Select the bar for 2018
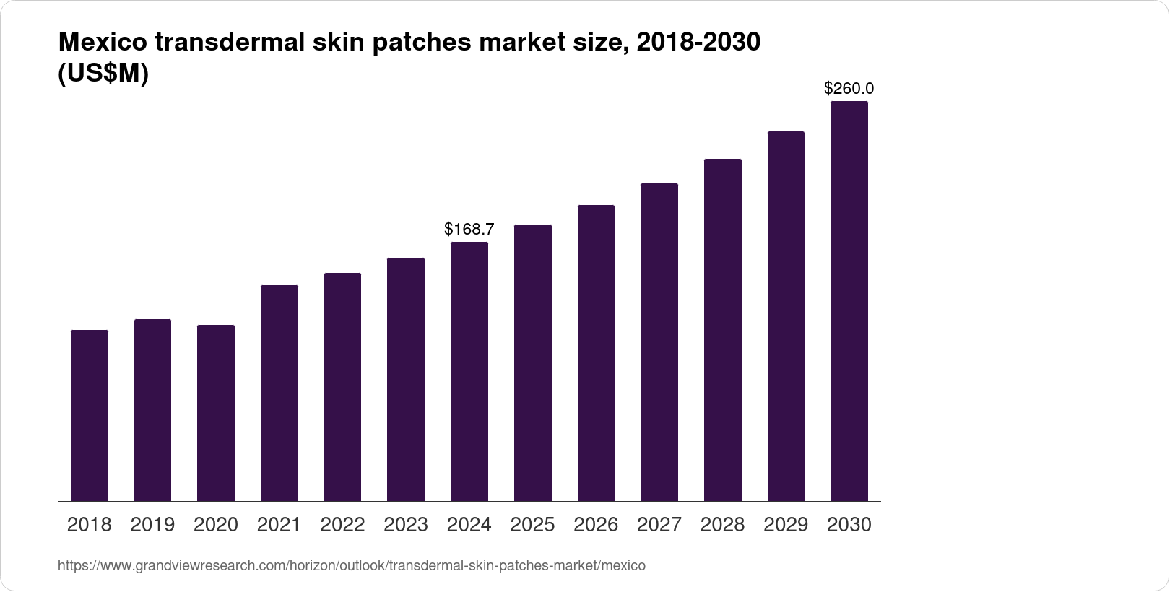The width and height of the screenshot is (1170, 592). coord(90,415)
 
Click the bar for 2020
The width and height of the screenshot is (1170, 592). coord(216,413)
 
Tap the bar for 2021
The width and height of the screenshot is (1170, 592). coord(279,393)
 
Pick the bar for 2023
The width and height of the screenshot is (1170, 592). coord(406,379)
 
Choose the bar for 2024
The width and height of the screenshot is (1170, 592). coord(469,371)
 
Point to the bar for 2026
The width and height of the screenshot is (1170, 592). coord(596,353)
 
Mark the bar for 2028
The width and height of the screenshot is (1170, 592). coord(722,330)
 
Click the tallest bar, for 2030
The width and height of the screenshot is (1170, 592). coord(849,301)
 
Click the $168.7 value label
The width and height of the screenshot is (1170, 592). coord(469,230)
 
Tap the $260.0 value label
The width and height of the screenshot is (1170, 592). coord(849,89)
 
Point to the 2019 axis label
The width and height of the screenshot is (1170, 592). coord(152,525)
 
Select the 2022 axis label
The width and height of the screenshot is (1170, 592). coord(342,525)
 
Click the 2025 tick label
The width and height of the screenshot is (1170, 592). coord(533,525)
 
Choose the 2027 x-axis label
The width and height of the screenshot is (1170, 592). coord(659,525)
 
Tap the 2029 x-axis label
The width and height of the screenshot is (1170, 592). coord(786,525)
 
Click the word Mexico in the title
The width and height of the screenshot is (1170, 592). coord(103,43)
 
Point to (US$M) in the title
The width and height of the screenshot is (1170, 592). coord(103,74)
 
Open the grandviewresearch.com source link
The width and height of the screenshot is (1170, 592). coord(352,566)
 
